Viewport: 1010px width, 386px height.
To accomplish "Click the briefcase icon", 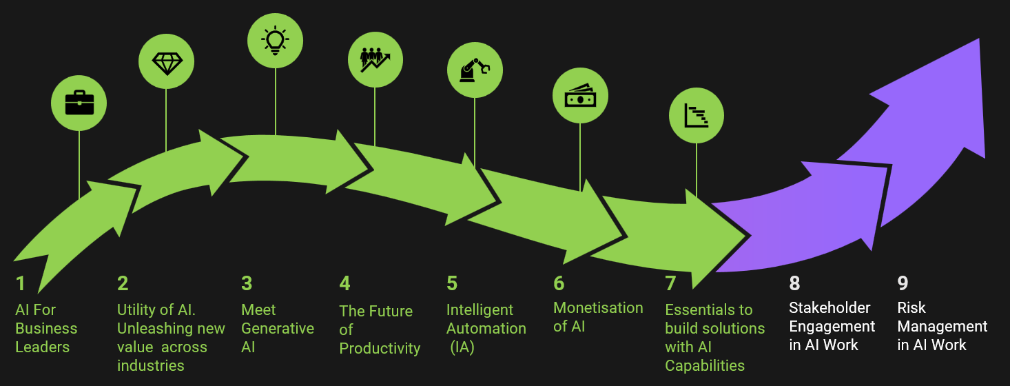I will coord(79,103).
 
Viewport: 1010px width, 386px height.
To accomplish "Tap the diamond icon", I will coord(166,63).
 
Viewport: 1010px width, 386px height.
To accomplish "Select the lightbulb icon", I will coord(275,40).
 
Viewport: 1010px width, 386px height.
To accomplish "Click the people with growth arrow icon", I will coord(375,59).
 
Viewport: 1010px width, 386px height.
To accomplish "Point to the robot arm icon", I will coord(475,69).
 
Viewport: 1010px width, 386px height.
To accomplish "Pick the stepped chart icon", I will coord(697,116).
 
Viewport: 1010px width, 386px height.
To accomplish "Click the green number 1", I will coord(21,283).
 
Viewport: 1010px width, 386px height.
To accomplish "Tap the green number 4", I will coord(344,283).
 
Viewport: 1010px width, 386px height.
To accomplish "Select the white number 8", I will coord(794,283).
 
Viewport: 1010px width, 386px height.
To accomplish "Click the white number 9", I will coord(903,283).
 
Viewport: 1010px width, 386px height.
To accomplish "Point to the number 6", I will coord(559,283).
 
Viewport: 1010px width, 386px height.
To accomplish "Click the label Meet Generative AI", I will coord(277,329).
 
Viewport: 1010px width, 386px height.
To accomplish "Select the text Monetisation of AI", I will coord(597,316).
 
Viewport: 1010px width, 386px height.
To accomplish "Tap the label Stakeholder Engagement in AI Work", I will coord(832,326).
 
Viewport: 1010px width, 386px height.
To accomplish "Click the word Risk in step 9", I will coord(911,308).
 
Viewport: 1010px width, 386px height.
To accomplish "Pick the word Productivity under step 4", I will coord(380,348).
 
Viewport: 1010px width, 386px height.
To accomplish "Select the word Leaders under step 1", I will coord(42,347).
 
